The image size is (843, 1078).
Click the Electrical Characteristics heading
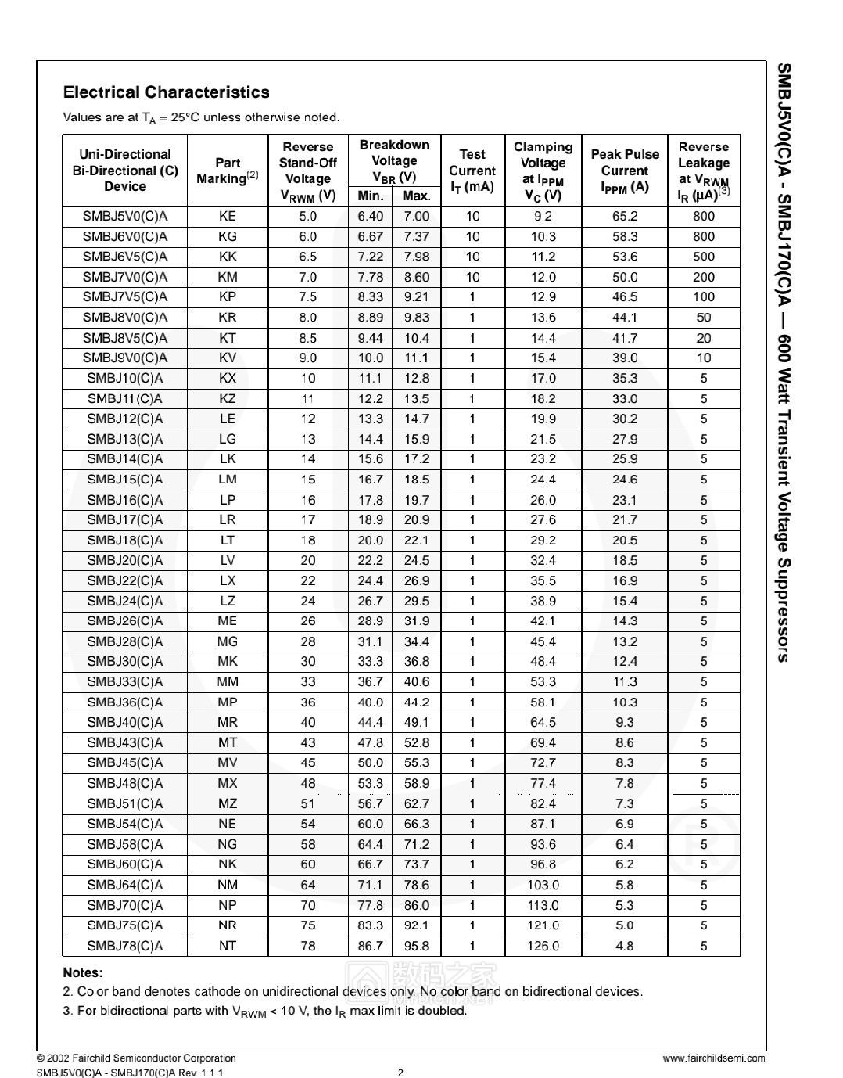pos(166,92)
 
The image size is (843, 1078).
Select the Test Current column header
pos(472,171)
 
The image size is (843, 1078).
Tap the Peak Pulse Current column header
pos(625,171)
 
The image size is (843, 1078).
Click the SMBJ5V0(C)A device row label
pos(125,216)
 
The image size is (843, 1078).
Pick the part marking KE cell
pos(228,216)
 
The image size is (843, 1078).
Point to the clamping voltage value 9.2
pos(543,216)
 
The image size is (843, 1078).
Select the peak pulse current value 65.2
pos(625,216)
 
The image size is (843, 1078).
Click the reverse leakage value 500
pos(704,257)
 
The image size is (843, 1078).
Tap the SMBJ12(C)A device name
pos(125,419)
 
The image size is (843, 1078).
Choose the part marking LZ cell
pos(228,601)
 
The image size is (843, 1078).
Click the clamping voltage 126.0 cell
pos(543,946)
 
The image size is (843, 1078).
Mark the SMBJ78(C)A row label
pos(125,946)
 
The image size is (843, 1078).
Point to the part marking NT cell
pos(228,946)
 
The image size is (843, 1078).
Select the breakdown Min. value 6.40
pos(371,216)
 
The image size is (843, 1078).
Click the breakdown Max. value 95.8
pos(416,946)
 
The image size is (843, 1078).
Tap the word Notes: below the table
pos(83,973)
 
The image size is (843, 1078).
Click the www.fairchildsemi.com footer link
pos(714,1058)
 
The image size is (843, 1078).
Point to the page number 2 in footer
pos(401,1073)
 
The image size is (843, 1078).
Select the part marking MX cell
pos(228,783)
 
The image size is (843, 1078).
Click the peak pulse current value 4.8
pos(625,946)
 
